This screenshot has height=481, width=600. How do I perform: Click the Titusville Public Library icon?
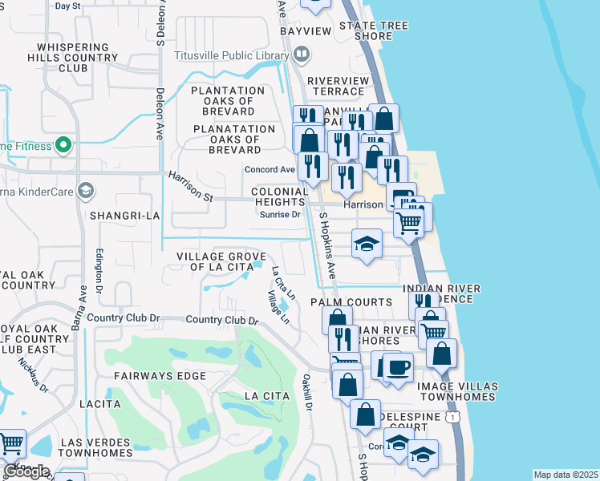(302, 55)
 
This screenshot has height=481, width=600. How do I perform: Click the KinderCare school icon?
(86, 192)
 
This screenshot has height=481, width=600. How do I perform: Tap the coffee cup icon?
(398, 367)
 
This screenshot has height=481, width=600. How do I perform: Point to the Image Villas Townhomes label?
(457, 391)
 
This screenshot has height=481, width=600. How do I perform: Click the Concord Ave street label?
(270, 170)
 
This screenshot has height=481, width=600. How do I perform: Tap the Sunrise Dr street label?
(284, 215)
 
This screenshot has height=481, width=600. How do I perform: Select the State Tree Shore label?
(373, 30)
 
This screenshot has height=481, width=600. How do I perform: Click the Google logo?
(26, 471)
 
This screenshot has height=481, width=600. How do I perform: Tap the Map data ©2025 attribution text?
(565, 475)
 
